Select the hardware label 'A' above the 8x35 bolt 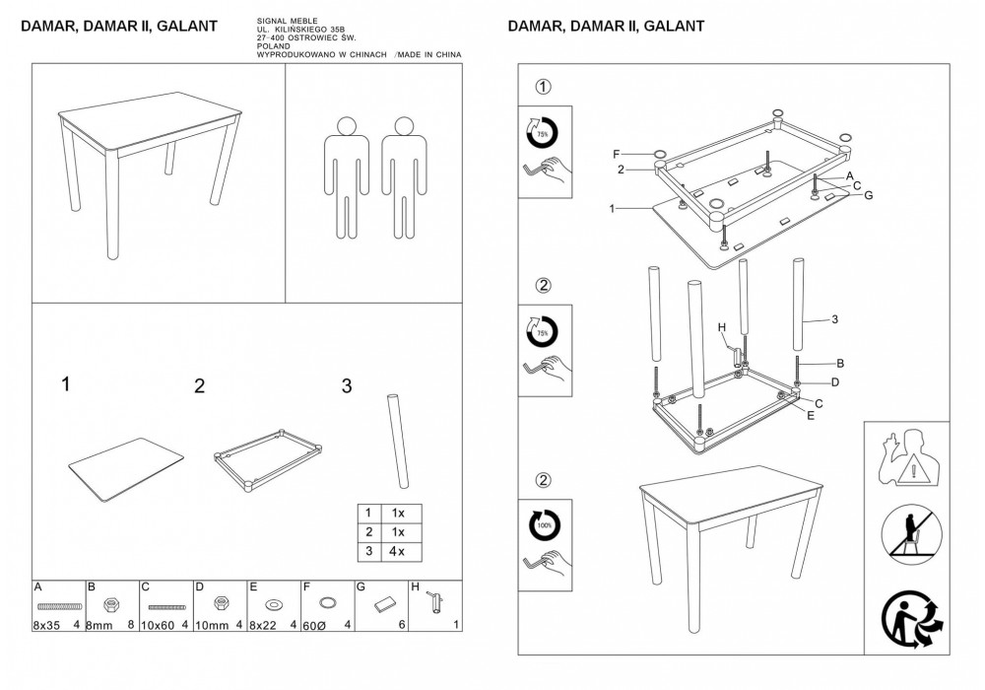tap(37, 586)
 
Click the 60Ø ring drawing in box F tap(329, 601)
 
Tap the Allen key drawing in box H tap(431, 604)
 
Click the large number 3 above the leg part tap(347, 385)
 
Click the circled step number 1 tap(542, 88)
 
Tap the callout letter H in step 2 tap(721, 327)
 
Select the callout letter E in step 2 tap(811, 416)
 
